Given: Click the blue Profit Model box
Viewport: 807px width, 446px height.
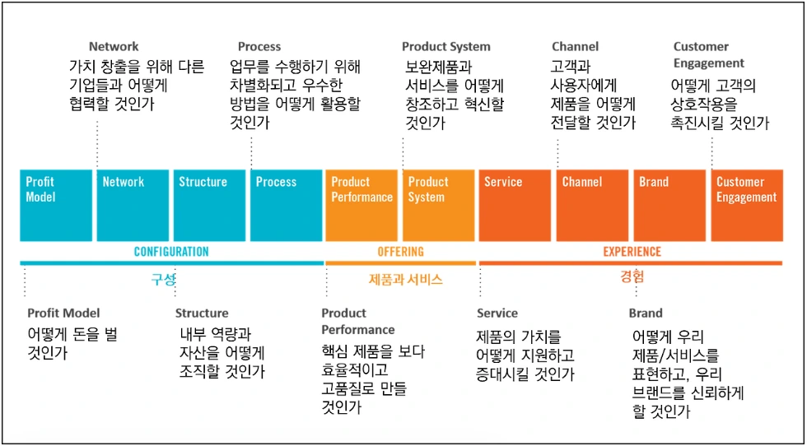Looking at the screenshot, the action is pyautogui.click(x=56, y=205).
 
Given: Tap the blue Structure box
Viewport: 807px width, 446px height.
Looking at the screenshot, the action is pyautogui.click(x=209, y=205).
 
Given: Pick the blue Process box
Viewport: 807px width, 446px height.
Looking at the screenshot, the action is pyautogui.click(x=286, y=205).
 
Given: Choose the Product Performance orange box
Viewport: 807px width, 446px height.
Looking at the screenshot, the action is pyautogui.click(x=362, y=205).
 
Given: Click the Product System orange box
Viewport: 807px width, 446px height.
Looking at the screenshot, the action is pyautogui.click(x=438, y=205).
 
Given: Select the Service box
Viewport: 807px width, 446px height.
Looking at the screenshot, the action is pyautogui.click(x=515, y=205).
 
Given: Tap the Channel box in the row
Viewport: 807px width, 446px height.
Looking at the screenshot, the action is pyautogui.click(x=591, y=205).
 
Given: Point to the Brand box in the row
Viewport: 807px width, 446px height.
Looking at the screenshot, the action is pyautogui.click(x=668, y=205).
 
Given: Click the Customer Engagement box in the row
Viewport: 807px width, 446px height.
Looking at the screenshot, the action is pyautogui.click(x=745, y=205).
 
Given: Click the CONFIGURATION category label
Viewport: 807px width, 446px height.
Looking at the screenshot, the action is pyautogui.click(x=171, y=252).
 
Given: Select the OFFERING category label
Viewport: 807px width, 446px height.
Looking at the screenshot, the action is pyautogui.click(x=400, y=252).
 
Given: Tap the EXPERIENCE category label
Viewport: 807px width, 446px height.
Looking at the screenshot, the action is pyautogui.click(x=632, y=252).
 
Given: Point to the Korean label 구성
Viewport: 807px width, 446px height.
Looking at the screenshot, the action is pyautogui.click(x=162, y=279).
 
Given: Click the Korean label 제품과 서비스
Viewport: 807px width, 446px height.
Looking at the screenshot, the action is pyautogui.click(x=405, y=280).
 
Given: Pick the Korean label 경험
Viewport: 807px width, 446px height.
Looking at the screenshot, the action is pyautogui.click(x=632, y=276).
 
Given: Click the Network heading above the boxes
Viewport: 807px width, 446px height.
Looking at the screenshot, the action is pyautogui.click(x=114, y=47).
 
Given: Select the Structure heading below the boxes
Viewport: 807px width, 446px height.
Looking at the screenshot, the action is pyautogui.click(x=202, y=313).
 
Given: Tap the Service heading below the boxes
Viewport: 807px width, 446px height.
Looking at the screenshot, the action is pyautogui.click(x=497, y=313).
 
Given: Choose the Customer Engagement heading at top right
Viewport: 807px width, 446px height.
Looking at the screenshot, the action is pyautogui.click(x=708, y=54).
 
